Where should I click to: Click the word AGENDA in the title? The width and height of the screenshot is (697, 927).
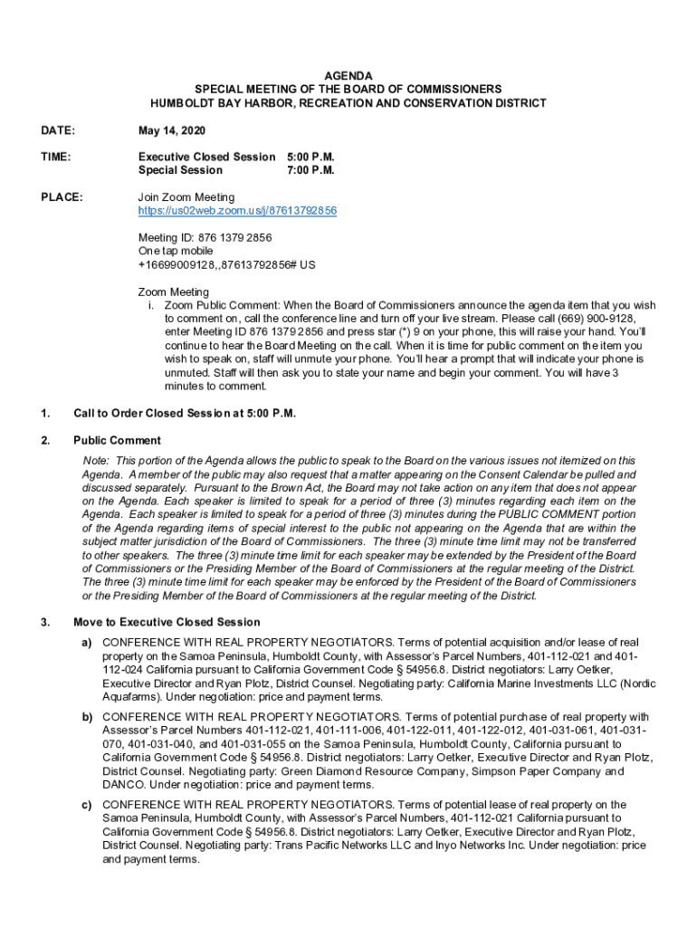(x=348, y=76)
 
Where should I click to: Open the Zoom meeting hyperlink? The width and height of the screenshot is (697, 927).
(x=237, y=211)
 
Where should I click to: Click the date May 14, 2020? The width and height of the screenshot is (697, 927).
(x=171, y=130)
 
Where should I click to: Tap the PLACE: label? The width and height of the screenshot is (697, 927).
(x=62, y=197)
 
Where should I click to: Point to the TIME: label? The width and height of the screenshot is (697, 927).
(x=57, y=157)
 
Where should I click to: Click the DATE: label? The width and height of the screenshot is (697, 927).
(x=59, y=130)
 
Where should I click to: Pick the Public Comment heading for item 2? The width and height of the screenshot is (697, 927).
(x=117, y=441)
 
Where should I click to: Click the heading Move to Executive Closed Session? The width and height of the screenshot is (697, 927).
(x=167, y=623)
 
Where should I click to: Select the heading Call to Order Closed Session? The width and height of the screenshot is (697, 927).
(x=185, y=414)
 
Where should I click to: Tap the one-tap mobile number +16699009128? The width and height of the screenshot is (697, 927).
(x=226, y=265)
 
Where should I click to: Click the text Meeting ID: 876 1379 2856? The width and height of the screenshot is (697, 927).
(x=205, y=238)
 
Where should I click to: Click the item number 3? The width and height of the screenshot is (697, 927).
(x=45, y=623)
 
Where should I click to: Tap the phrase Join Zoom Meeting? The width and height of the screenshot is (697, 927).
(x=186, y=197)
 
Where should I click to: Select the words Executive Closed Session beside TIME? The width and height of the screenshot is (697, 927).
(x=206, y=157)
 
